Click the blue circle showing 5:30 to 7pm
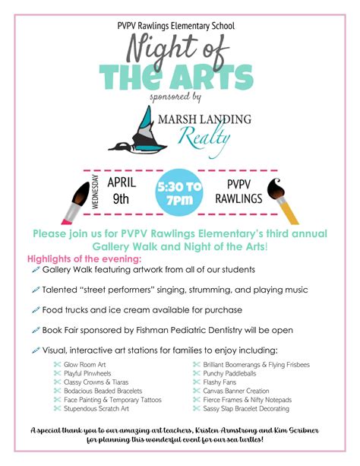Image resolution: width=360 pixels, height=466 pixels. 179,193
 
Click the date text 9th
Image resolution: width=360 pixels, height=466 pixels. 122,200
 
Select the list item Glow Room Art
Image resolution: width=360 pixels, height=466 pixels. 85,365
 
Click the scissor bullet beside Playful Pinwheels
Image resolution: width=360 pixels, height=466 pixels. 56,374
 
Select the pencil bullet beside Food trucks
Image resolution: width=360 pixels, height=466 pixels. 36,310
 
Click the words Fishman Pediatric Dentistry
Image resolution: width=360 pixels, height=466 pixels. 180,330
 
